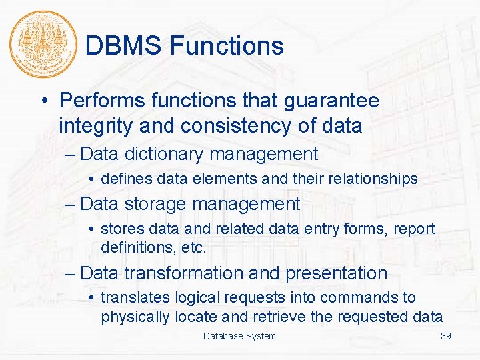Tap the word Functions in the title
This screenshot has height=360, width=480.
click(x=227, y=46)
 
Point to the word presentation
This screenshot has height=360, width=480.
click(x=336, y=273)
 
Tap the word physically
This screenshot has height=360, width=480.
click(x=135, y=317)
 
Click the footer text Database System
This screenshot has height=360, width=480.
click(x=239, y=336)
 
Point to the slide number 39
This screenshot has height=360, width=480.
click(x=446, y=336)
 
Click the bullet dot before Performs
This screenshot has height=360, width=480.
click(x=44, y=101)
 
